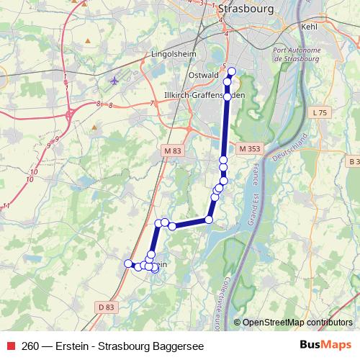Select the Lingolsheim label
pyautogui.click(x=174, y=53)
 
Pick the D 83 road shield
pyautogui.click(x=104, y=307)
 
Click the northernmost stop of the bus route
pyautogui.click(x=231, y=71)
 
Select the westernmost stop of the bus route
pyautogui.click(x=129, y=264)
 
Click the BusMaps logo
pyautogui.click(x=326, y=346)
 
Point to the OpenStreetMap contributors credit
pyautogui.click(x=297, y=323)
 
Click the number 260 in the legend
pyautogui.click(x=31, y=346)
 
